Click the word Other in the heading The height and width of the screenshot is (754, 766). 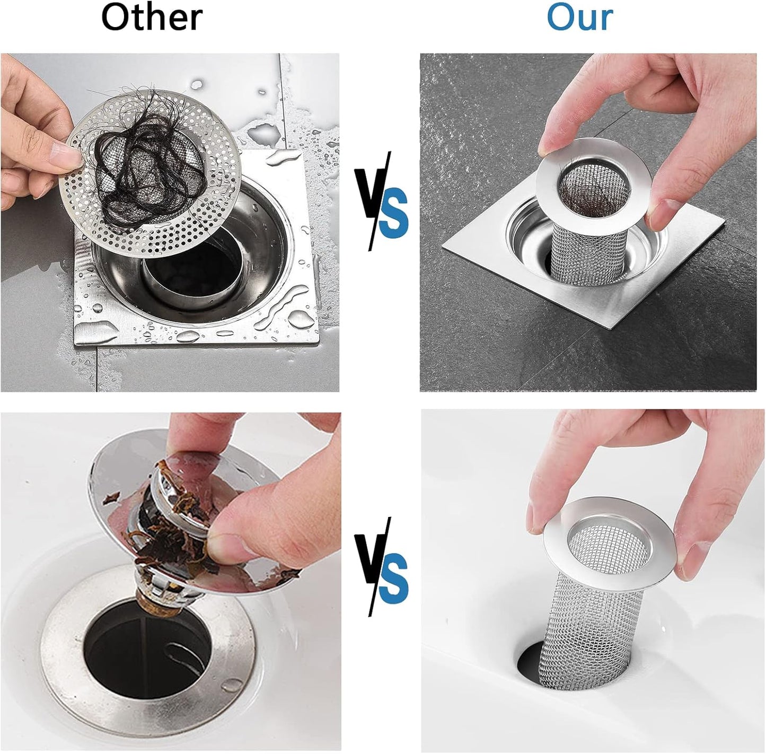[x=152, y=17]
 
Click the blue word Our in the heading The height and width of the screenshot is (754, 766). [x=579, y=17]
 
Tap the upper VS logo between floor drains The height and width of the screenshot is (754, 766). [x=381, y=202]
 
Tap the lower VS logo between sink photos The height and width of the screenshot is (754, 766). [x=381, y=568]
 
